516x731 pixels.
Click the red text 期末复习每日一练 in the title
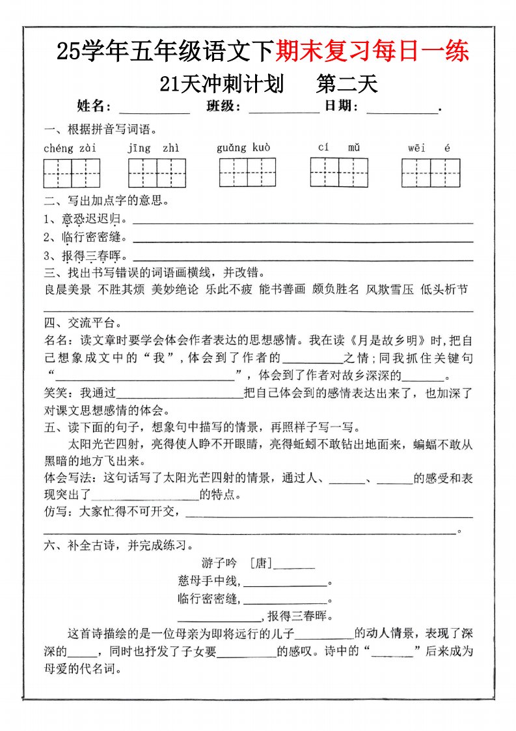coord(372,51)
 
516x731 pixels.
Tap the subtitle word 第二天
coord(346,84)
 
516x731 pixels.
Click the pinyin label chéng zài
coord(70,149)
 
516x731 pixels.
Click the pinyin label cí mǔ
coord(339,147)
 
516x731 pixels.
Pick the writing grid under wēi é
coord(430,173)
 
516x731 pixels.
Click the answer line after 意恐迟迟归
coord(303,223)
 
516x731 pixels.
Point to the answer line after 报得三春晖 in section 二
coord(303,259)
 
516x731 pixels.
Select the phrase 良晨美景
coord(68,290)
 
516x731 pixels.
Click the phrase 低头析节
coord(444,290)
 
